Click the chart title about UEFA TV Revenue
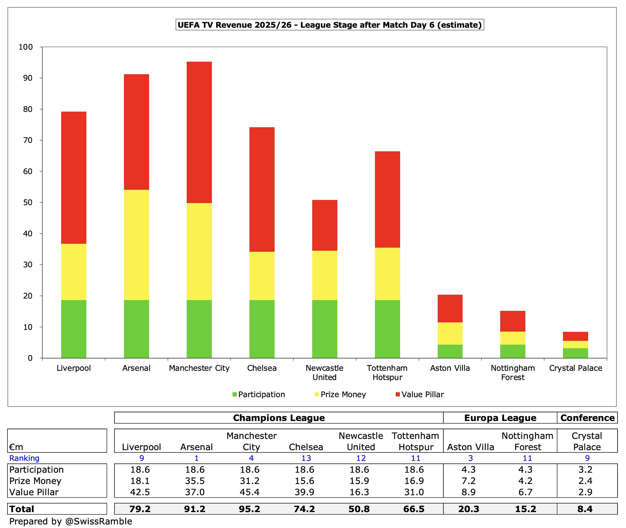tap(330, 25)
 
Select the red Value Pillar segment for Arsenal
tap(136, 132)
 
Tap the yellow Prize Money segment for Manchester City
tap(199, 251)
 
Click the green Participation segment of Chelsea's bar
tap(262, 329)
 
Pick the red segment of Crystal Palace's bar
tap(575, 336)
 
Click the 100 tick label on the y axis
tap(25, 47)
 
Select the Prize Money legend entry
tap(340, 395)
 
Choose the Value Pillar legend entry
tap(420, 395)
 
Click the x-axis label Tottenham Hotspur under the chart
tap(387, 373)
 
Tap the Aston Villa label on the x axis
tap(450, 368)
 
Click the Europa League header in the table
tap(500, 418)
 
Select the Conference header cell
tap(587, 418)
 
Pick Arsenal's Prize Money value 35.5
tap(195, 481)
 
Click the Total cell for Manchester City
tap(250, 509)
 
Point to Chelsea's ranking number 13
tap(306, 459)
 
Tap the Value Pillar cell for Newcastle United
tap(359, 492)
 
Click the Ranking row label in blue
tap(24, 459)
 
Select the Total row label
tap(22, 509)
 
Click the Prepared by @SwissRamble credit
tap(71, 521)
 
